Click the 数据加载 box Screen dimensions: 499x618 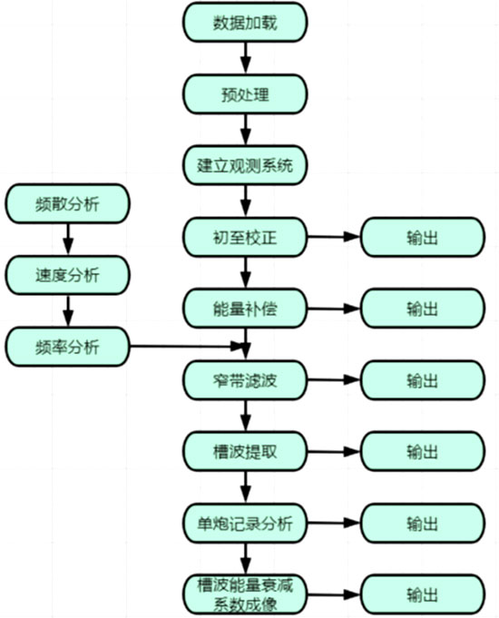point(245,22)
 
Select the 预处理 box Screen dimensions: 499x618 point(245,94)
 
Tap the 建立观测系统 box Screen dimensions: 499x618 point(245,165)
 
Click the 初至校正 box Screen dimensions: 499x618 point(245,237)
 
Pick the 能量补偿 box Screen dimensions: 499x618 point(245,309)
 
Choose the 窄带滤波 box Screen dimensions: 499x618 point(245,380)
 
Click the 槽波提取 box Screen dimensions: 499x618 point(245,452)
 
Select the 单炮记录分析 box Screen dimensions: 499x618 point(245,524)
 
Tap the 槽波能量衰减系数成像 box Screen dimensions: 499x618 point(245,595)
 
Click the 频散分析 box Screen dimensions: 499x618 point(67,204)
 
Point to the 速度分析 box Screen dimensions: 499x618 point(67,275)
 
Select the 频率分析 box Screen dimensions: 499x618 point(67,347)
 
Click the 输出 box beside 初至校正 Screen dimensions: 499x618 point(423,237)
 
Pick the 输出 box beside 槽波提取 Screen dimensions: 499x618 point(423,452)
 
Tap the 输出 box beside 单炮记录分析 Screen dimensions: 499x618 point(423,524)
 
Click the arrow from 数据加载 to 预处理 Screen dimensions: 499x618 point(246,57)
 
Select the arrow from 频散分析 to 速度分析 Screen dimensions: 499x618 point(68,240)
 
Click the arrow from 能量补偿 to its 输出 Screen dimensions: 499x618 point(334,309)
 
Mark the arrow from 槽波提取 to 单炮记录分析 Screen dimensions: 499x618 point(246,487)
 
